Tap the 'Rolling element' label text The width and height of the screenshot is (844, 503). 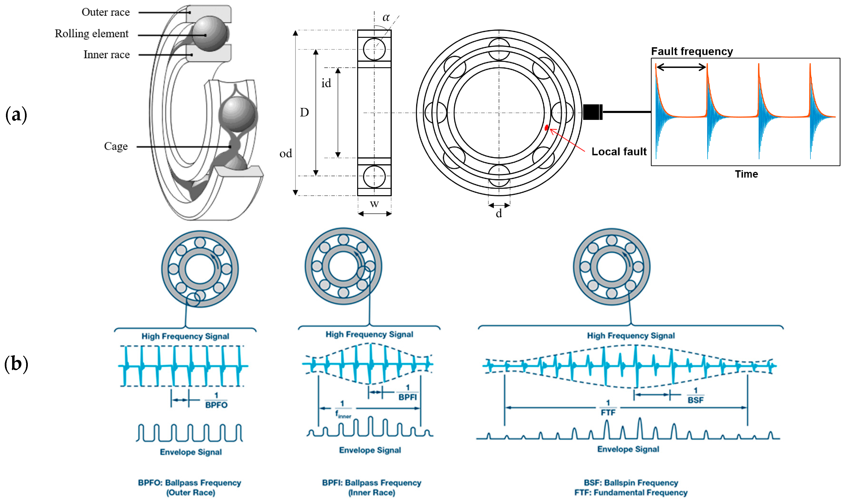(x=92, y=34)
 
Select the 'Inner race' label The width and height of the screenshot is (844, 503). (x=107, y=55)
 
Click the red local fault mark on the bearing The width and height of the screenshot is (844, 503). (x=546, y=128)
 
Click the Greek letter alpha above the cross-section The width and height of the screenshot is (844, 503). (x=386, y=17)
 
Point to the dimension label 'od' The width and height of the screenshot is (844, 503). (x=286, y=154)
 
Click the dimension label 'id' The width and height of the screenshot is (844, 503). (x=326, y=83)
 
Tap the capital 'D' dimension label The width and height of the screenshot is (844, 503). (x=304, y=112)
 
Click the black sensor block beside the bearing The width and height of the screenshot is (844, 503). (x=592, y=112)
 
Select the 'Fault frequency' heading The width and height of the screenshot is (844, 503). (x=692, y=51)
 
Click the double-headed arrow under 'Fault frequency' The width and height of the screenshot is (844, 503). (x=681, y=67)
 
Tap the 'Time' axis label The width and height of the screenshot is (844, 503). (x=746, y=174)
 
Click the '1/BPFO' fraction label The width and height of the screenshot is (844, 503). (x=216, y=400)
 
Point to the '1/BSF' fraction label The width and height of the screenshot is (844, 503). (x=695, y=396)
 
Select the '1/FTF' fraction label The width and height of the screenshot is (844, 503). (x=608, y=408)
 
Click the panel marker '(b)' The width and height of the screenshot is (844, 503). (x=16, y=364)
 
